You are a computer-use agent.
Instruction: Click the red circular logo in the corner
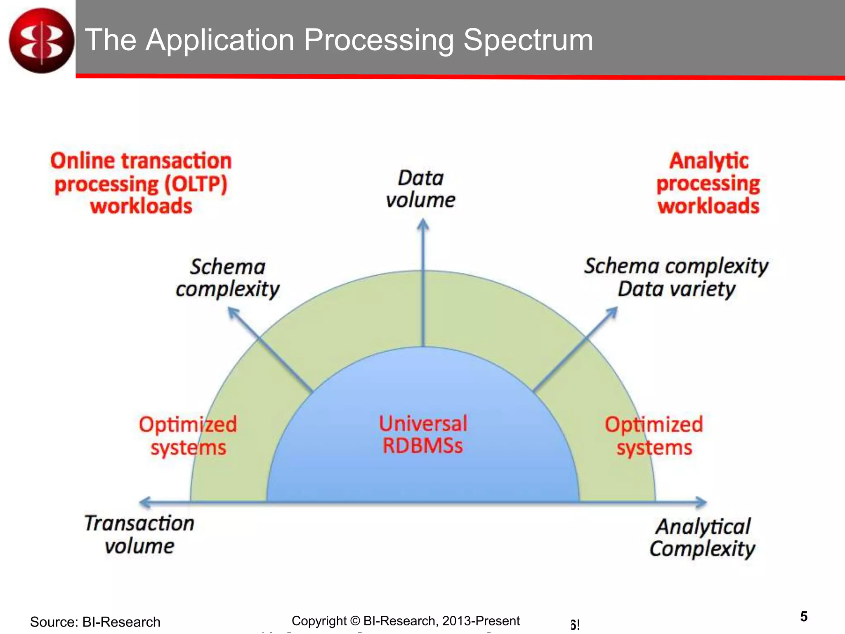41,40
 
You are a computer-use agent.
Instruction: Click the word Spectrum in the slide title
528,40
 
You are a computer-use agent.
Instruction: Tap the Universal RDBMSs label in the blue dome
423,435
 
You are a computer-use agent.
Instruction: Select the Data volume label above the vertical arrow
420,189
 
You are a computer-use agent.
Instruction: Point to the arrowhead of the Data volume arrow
423,225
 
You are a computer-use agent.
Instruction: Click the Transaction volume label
139,535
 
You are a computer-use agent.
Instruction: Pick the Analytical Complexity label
703,537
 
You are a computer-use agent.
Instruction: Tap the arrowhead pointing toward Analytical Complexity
701,502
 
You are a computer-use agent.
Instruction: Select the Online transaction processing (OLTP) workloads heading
141,183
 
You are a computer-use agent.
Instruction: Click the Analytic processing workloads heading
708,183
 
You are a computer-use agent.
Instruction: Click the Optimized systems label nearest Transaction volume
188,436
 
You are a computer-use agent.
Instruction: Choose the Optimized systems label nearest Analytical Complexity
654,436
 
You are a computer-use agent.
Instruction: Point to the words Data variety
676,289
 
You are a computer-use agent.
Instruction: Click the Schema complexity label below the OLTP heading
227,277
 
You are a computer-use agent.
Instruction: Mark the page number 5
803,616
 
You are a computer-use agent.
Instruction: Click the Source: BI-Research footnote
95,622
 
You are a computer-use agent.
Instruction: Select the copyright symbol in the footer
355,621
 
